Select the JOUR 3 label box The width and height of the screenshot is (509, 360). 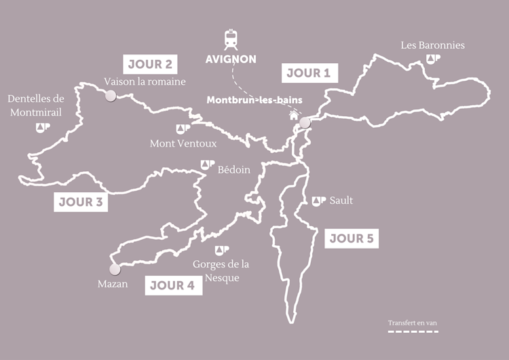tap(80, 202)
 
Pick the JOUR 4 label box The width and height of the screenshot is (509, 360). tap(173, 285)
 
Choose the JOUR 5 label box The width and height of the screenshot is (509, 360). tap(352, 238)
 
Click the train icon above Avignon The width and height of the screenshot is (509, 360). tap(231, 39)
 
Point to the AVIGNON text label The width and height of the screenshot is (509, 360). tap(231, 59)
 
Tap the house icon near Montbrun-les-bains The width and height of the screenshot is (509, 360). tap(294, 115)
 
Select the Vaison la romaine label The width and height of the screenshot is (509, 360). tap(145, 82)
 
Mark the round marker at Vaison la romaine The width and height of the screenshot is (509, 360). tap(110, 96)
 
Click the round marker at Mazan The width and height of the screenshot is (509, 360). tap(115, 269)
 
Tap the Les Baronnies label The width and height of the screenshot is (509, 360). tap(433, 46)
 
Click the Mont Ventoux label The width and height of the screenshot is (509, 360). tap(183, 143)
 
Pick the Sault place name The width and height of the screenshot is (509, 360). tap(341, 200)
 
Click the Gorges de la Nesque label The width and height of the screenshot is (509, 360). tap(221, 270)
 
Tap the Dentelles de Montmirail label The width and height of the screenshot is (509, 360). tap(36, 106)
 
